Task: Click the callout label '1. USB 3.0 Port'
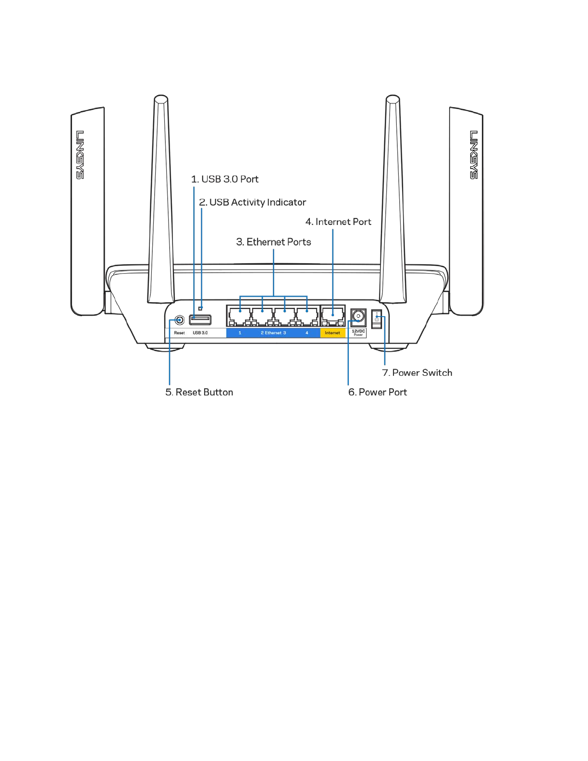click(x=225, y=179)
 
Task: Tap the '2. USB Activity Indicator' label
click(x=253, y=202)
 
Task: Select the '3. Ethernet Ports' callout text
click(x=273, y=242)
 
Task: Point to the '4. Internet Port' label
click(x=338, y=222)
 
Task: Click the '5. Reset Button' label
click(x=199, y=393)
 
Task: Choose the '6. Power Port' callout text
click(x=378, y=393)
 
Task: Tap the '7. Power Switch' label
click(x=417, y=373)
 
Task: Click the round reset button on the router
click(x=179, y=319)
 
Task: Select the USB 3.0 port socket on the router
click(x=200, y=319)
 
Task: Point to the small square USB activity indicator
click(x=200, y=308)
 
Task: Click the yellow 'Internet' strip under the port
click(x=332, y=333)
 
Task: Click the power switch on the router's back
click(x=377, y=319)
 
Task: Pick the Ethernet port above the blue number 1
click(x=240, y=317)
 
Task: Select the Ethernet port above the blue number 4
click(x=307, y=317)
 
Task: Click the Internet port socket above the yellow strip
click(x=332, y=316)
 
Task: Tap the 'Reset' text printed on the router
click(x=179, y=333)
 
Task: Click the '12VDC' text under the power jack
click(x=358, y=331)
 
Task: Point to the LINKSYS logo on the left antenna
click(x=80, y=155)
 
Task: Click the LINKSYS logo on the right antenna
click(x=474, y=155)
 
